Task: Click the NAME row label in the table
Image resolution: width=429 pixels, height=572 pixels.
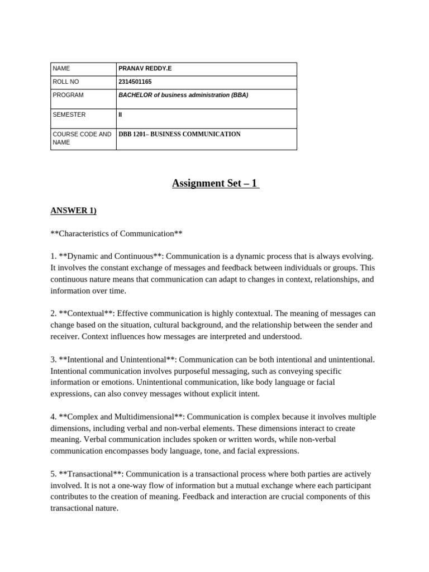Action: pyautogui.click(x=61, y=69)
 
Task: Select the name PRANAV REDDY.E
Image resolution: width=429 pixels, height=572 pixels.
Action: pyautogui.click(x=145, y=69)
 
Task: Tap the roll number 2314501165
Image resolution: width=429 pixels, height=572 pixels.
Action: pyautogui.click(x=135, y=82)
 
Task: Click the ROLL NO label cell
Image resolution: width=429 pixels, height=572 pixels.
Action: pyautogui.click(x=66, y=82)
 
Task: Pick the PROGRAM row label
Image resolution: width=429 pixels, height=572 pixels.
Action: pyautogui.click(x=68, y=95)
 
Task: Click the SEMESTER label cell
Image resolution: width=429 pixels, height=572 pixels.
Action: pyautogui.click(x=69, y=115)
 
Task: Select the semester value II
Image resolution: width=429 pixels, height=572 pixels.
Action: pyautogui.click(x=120, y=115)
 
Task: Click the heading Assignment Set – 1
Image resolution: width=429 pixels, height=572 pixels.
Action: pyautogui.click(x=215, y=183)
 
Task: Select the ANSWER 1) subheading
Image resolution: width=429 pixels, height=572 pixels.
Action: pyautogui.click(x=73, y=211)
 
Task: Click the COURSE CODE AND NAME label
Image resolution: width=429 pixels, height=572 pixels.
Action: pyautogui.click(x=82, y=138)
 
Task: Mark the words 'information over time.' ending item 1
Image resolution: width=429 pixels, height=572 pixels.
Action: pyautogui.click(x=88, y=290)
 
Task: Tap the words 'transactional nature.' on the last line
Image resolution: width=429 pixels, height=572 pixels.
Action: pyautogui.click(x=84, y=508)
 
